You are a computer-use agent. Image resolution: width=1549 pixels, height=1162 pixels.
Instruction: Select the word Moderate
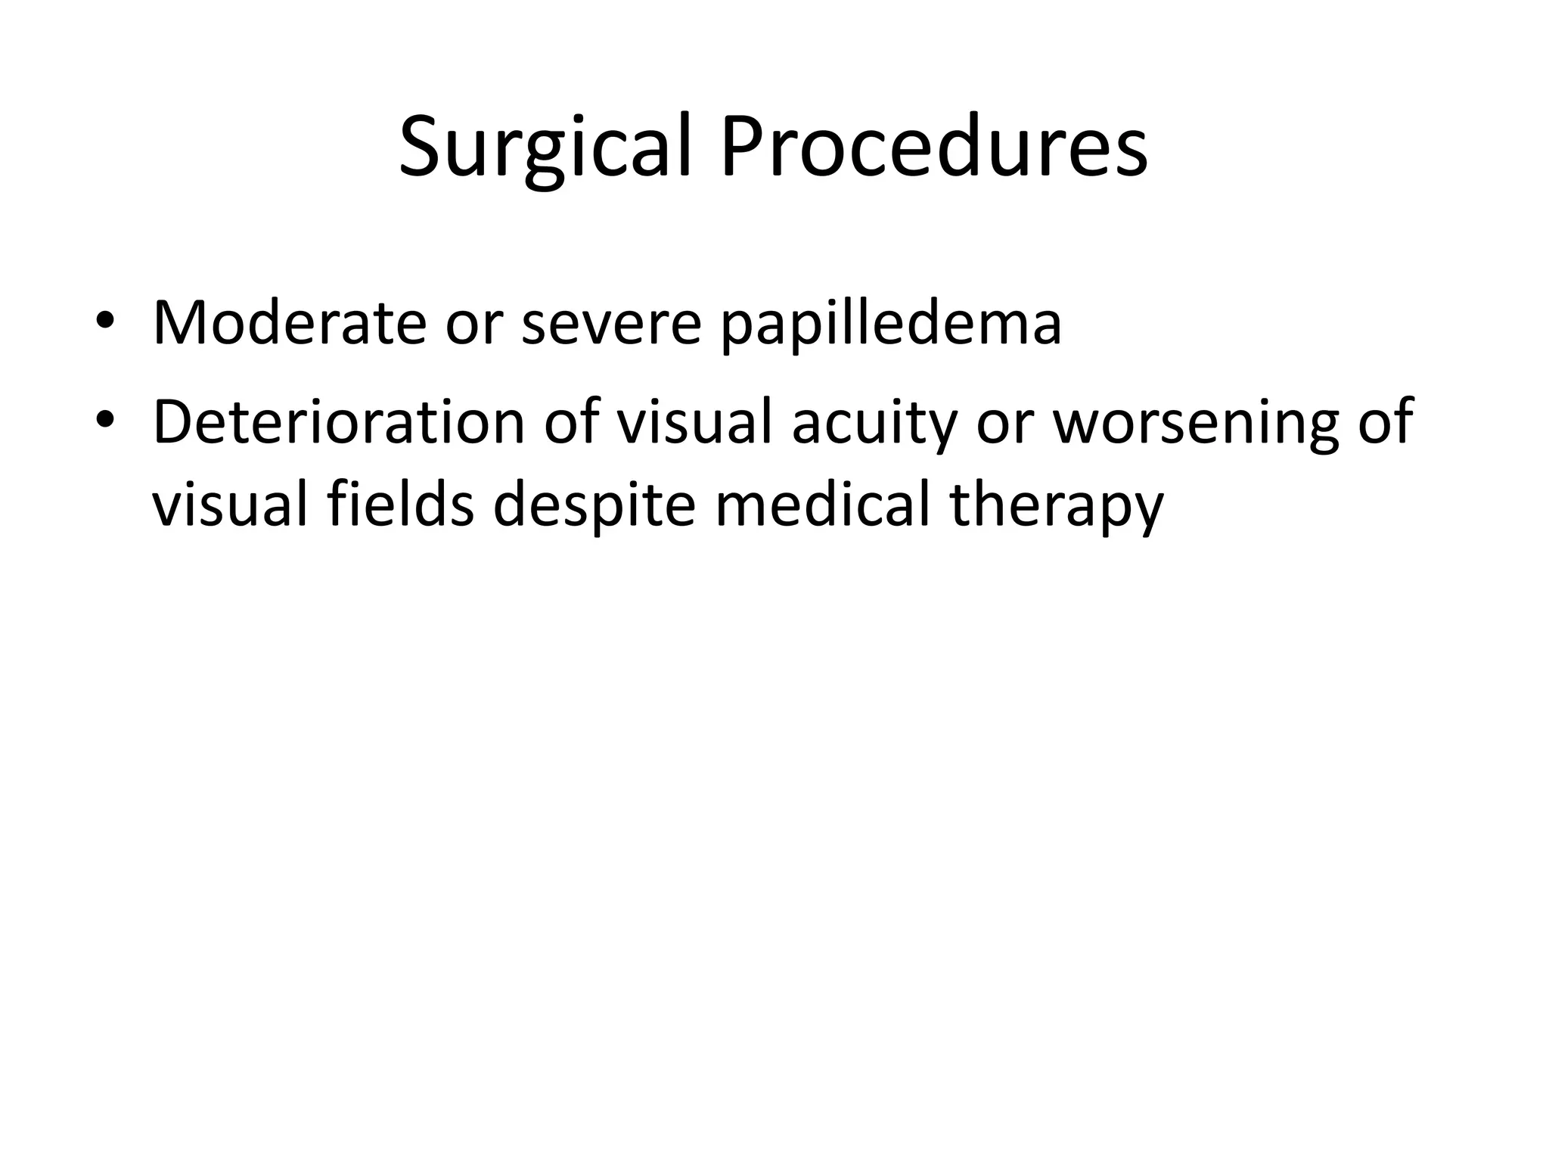290,323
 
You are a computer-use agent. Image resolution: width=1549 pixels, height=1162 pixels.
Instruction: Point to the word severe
612,323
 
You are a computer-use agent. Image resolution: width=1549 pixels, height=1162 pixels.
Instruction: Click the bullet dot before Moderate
105,324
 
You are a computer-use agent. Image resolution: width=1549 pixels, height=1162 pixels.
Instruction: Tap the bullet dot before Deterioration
105,422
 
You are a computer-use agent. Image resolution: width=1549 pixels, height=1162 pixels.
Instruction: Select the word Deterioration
339,421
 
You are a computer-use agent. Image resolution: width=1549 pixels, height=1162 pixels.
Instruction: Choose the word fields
401,504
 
